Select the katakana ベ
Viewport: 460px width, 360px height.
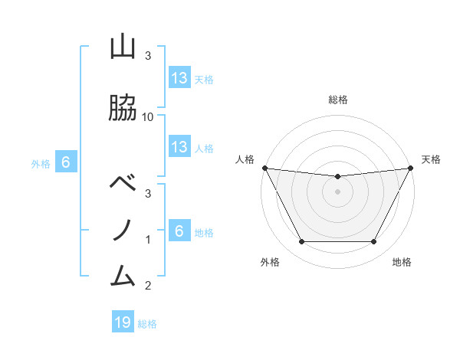(123, 184)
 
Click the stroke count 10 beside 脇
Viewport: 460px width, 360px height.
(148, 116)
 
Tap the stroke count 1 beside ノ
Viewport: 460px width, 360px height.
(148, 240)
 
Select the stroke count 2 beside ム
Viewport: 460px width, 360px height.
(148, 286)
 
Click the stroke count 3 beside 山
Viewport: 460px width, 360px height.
(148, 56)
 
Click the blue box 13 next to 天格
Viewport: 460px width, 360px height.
(179, 78)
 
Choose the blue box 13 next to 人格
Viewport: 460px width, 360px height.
(179, 147)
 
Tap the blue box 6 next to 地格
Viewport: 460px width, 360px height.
(179, 231)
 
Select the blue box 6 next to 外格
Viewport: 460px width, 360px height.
(66, 162)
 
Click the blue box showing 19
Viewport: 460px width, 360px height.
(123, 322)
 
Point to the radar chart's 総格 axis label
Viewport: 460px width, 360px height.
(338, 100)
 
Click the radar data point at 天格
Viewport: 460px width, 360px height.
(412, 168)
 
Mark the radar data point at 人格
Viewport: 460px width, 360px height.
(264, 168)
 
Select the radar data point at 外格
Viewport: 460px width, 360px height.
(301, 242)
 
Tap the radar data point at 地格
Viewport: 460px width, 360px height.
(374, 242)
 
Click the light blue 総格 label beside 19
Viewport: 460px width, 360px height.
(147, 324)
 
